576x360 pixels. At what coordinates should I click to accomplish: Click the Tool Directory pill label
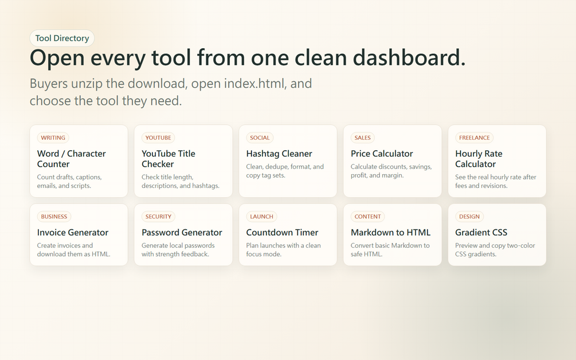tap(62, 38)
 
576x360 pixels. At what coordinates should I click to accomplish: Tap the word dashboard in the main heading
tap(409, 58)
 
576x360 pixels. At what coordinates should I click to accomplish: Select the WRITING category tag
tap(53, 138)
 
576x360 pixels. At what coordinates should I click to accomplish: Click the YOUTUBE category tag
tap(158, 138)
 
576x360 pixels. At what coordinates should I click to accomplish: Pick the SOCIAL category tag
tap(260, 138)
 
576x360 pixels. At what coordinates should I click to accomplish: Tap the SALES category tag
tap(363, 138)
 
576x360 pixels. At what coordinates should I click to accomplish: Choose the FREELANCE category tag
tap(474, 138)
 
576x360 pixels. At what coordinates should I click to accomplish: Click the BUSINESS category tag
tap(54, 216)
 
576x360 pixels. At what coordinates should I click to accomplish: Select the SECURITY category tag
tap(158, 216)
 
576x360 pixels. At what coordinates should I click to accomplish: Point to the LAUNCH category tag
tap(261, 216)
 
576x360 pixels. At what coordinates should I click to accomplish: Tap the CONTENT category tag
tap(368, 216)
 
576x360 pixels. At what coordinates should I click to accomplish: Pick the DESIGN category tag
tap(469, 216)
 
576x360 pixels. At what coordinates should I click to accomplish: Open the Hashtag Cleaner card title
tap(279, 154)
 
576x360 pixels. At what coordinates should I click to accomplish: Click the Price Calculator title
tap(382, 154)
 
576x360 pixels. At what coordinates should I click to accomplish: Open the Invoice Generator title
tap(73, 233)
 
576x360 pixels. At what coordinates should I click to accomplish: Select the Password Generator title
tap(182, 233)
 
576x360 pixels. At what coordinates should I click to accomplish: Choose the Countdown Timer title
tap(282, 233)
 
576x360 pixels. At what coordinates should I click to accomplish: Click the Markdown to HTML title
tap(390, 233)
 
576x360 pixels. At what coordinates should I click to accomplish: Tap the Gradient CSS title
tap(481, 233)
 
